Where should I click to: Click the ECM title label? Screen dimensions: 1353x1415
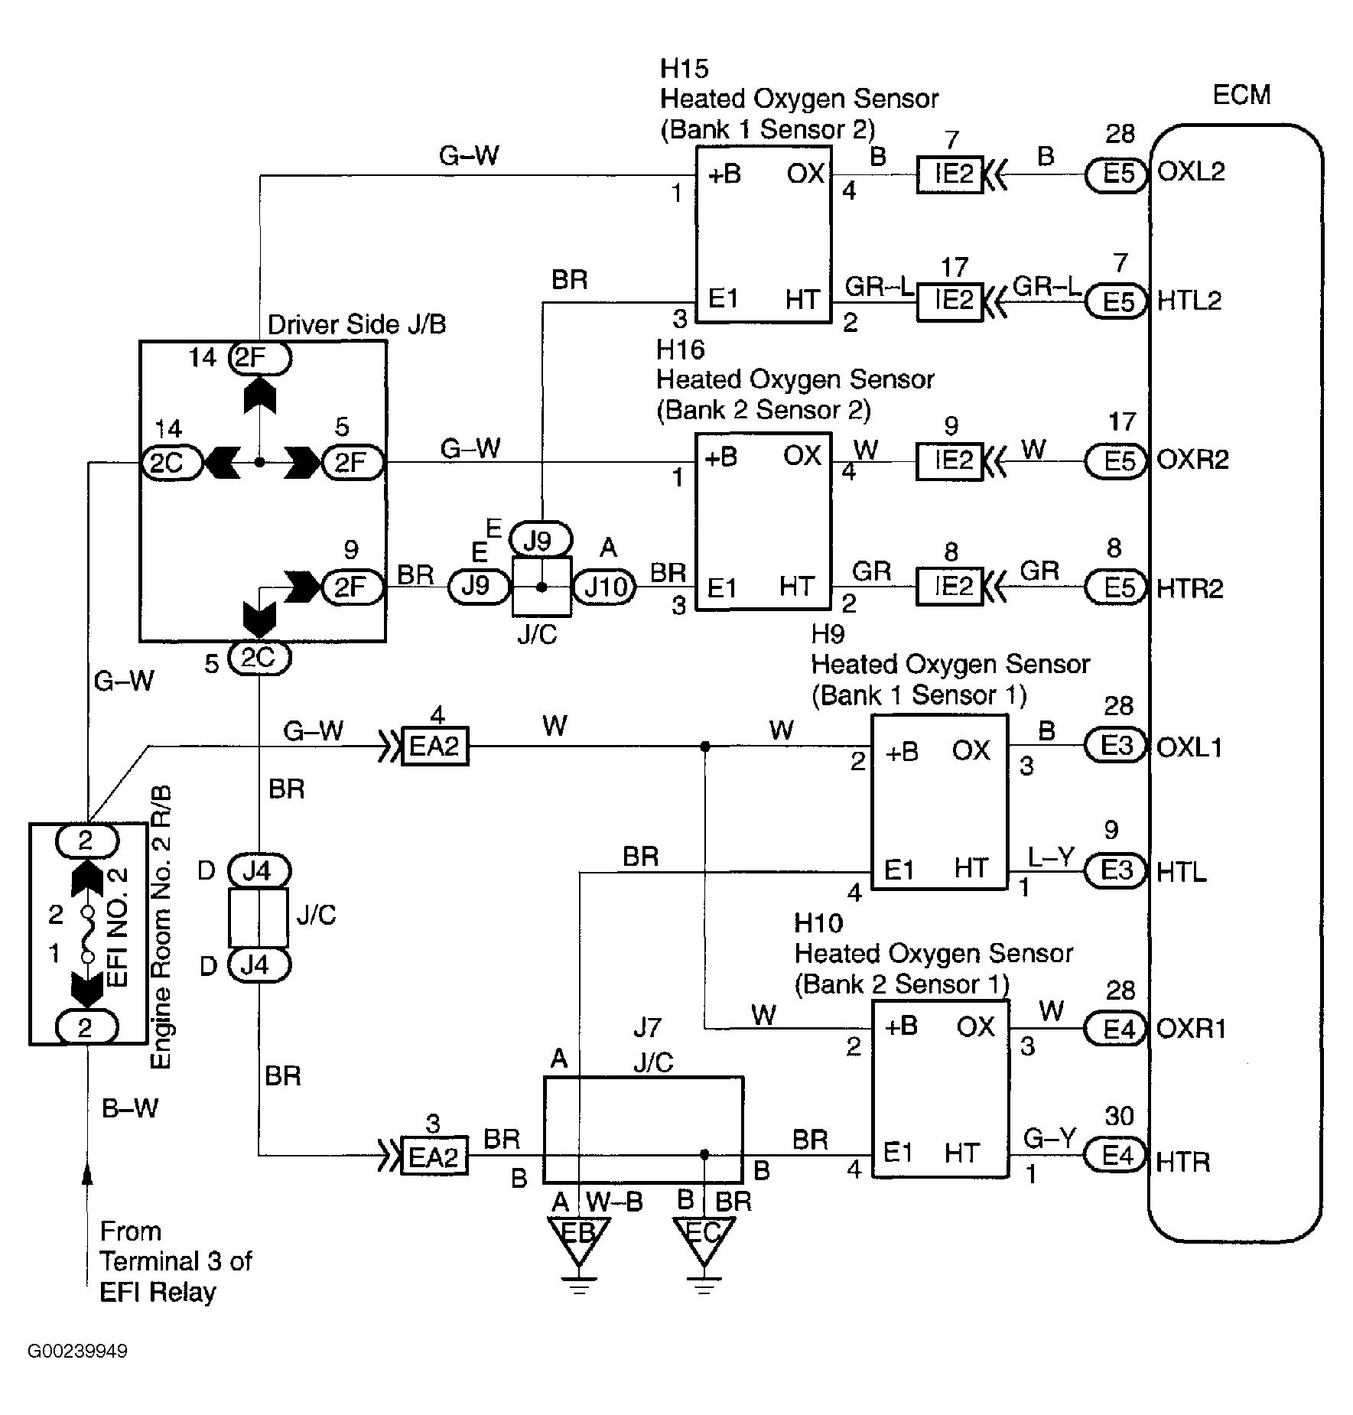[x=1241, y=95]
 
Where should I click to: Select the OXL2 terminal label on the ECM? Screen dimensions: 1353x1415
[x=1191, y=171]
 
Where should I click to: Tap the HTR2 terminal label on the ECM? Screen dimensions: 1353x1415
[x=1190, y=588]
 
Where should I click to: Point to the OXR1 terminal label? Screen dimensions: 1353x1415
[x=1192, y=1029]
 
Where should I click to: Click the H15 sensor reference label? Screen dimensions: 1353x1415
[x=685, y=69]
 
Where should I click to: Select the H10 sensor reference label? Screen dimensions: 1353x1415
[x=818, y=923]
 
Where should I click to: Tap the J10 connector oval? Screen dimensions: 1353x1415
[x=604, y=587]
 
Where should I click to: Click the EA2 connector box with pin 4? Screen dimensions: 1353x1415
[x=434, y=746]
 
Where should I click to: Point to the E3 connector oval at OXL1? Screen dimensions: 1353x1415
[x=1117, y=746]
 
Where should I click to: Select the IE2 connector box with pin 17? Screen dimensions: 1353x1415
[x=950, y=301]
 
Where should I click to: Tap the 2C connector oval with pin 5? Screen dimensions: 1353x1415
[x=259, y=659]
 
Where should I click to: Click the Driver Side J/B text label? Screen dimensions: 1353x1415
[x=356, y=325]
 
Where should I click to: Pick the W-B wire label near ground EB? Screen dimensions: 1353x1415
[x=615, y=1202]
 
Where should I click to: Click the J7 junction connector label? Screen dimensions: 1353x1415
[x=646, y=1027]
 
